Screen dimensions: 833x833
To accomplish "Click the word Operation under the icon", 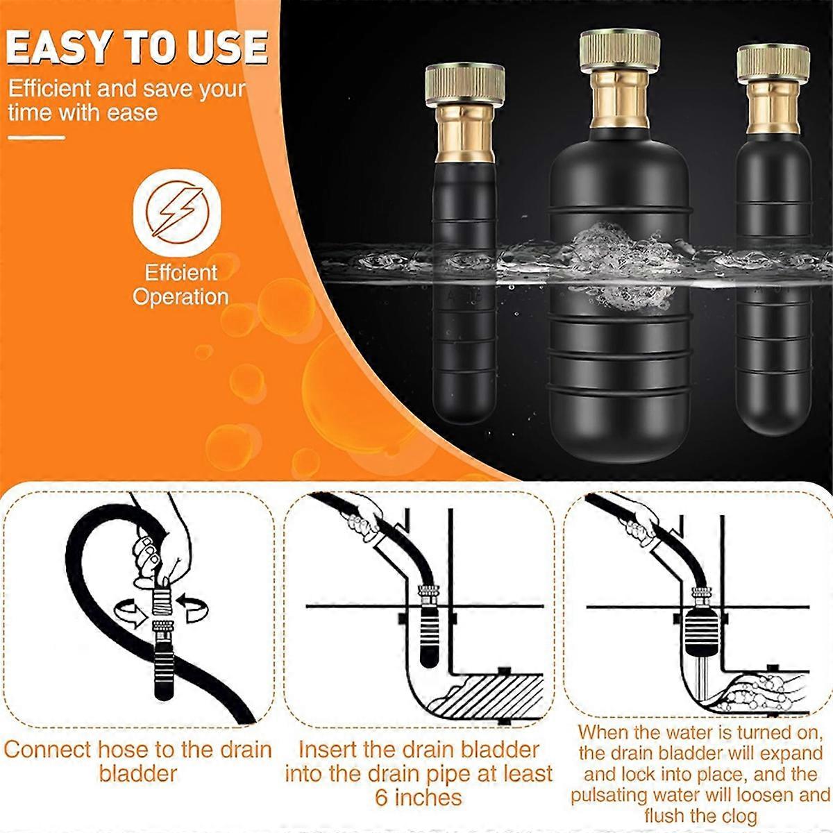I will pyautogui.click(x=180, y=297).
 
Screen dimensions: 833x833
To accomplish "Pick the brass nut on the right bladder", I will pyautogui.click(x=773, y=62).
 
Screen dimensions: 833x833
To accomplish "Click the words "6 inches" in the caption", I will pyautogui.click(x=418, y=796).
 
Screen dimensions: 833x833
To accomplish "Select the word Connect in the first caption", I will pyautogui.click(x=47, y=750).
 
